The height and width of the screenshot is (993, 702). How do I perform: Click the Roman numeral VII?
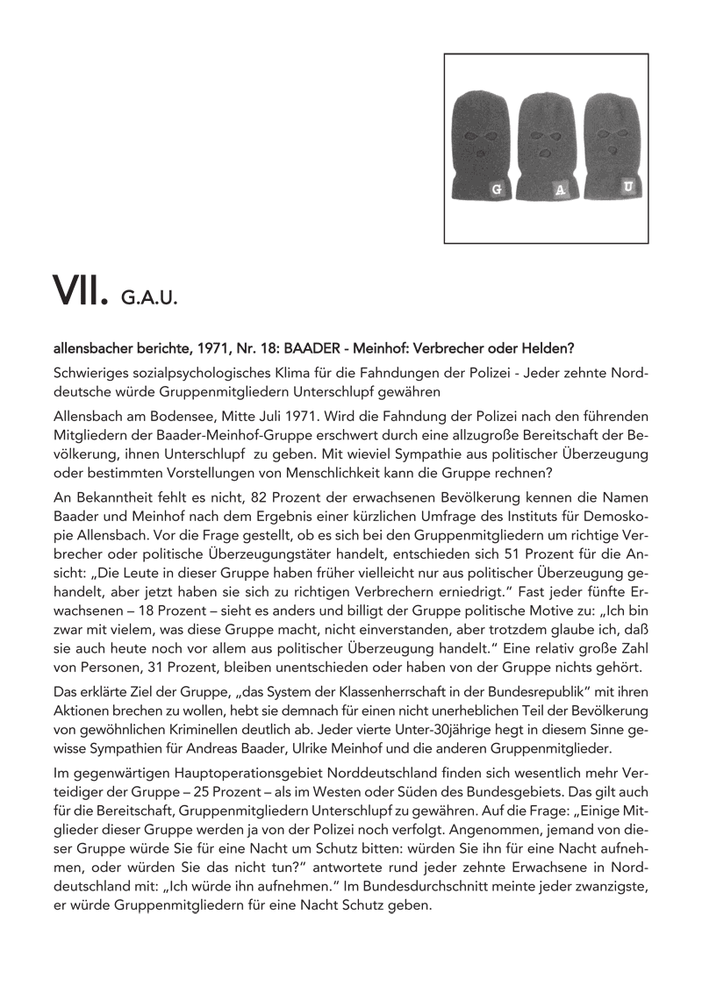[80, 289]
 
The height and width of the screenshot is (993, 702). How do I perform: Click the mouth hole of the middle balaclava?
[546, 154]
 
